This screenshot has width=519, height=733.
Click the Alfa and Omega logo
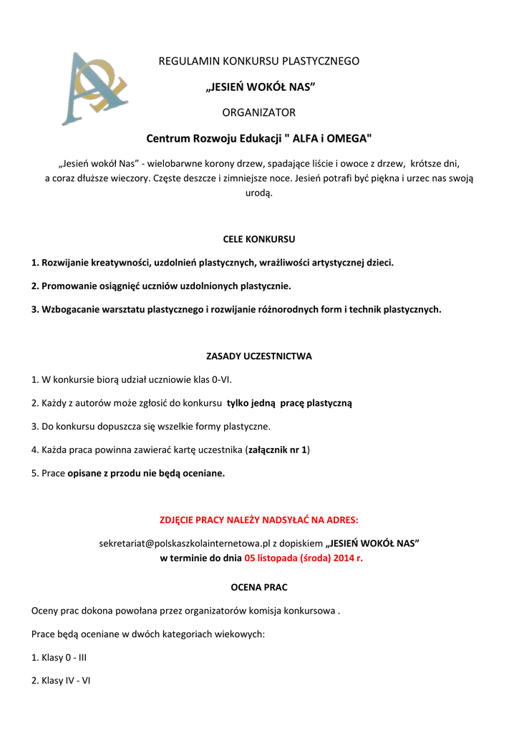pos(93,87)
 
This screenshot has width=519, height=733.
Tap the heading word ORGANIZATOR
pos(258,112)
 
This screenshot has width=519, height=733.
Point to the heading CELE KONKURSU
pos(259,239)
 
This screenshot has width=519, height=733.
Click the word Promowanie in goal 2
pos(67,286)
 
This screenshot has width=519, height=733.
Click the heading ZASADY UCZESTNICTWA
pos(259,356)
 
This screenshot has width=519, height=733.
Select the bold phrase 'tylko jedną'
pos(251,403)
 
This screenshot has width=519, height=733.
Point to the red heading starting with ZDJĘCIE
pos(259,519)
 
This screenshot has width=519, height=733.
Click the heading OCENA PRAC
pos(259,588)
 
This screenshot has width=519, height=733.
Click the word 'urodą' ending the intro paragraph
pos(259,193)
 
